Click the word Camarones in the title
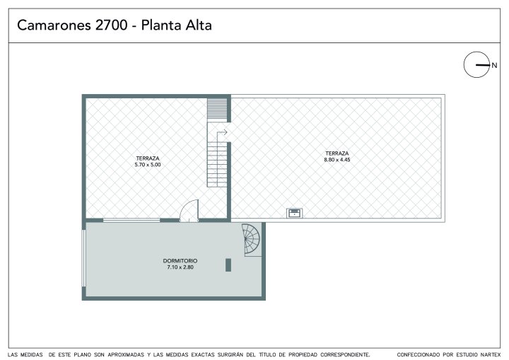click(54, 25)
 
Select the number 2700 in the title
click(112, 25)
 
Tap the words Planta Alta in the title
click(176, 25)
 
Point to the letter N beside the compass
click(494, 65)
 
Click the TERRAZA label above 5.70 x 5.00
click(148, 158)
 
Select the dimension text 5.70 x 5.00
click(148, 165)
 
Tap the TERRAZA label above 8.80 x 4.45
click(337, 153)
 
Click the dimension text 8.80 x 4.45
click(337, 160)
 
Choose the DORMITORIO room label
click(180, 261)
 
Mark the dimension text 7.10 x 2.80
click(180, 267)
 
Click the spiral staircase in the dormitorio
click(251, 240)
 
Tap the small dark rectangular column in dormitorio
click(228, 265)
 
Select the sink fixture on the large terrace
click(294, 213)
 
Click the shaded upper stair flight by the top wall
click(217, 110)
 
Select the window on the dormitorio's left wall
click(83, 258)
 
